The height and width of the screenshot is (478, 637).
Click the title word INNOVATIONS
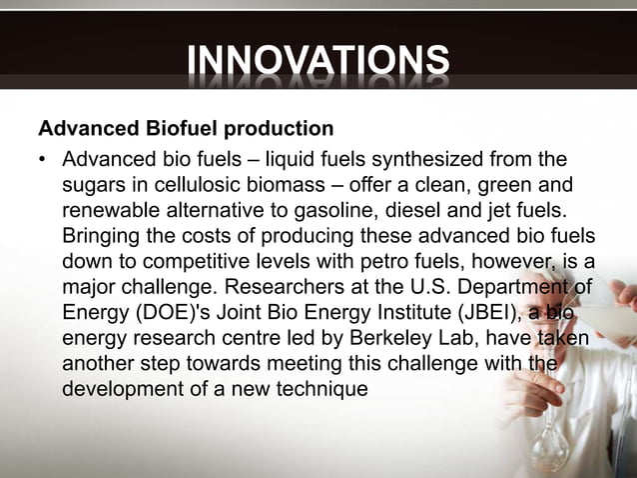(x=318, y=61)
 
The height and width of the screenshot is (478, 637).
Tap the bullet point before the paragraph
(x=44, y=160)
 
